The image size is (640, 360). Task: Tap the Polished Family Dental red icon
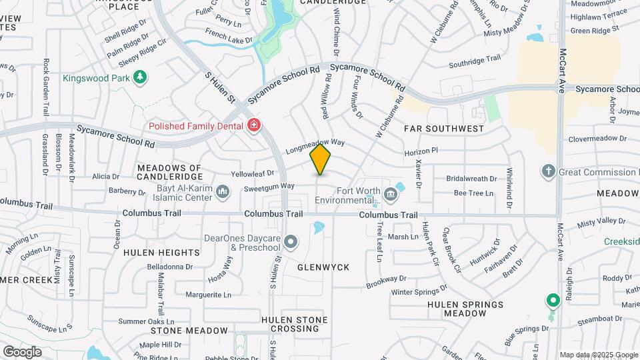coord(253,125)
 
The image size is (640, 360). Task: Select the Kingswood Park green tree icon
coord(139,78)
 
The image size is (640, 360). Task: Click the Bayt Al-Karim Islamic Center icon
coord(223,193)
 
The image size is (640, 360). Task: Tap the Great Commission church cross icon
coord(549,172)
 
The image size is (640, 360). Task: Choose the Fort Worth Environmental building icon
coord(391,195)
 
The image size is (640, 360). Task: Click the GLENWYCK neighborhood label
coord(323,267)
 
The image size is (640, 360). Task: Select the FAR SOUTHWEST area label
coord(444,128)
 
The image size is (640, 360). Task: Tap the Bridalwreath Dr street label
coord(471,179)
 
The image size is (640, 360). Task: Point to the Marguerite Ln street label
coord(208,294)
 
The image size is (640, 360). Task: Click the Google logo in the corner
coord(22,351)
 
